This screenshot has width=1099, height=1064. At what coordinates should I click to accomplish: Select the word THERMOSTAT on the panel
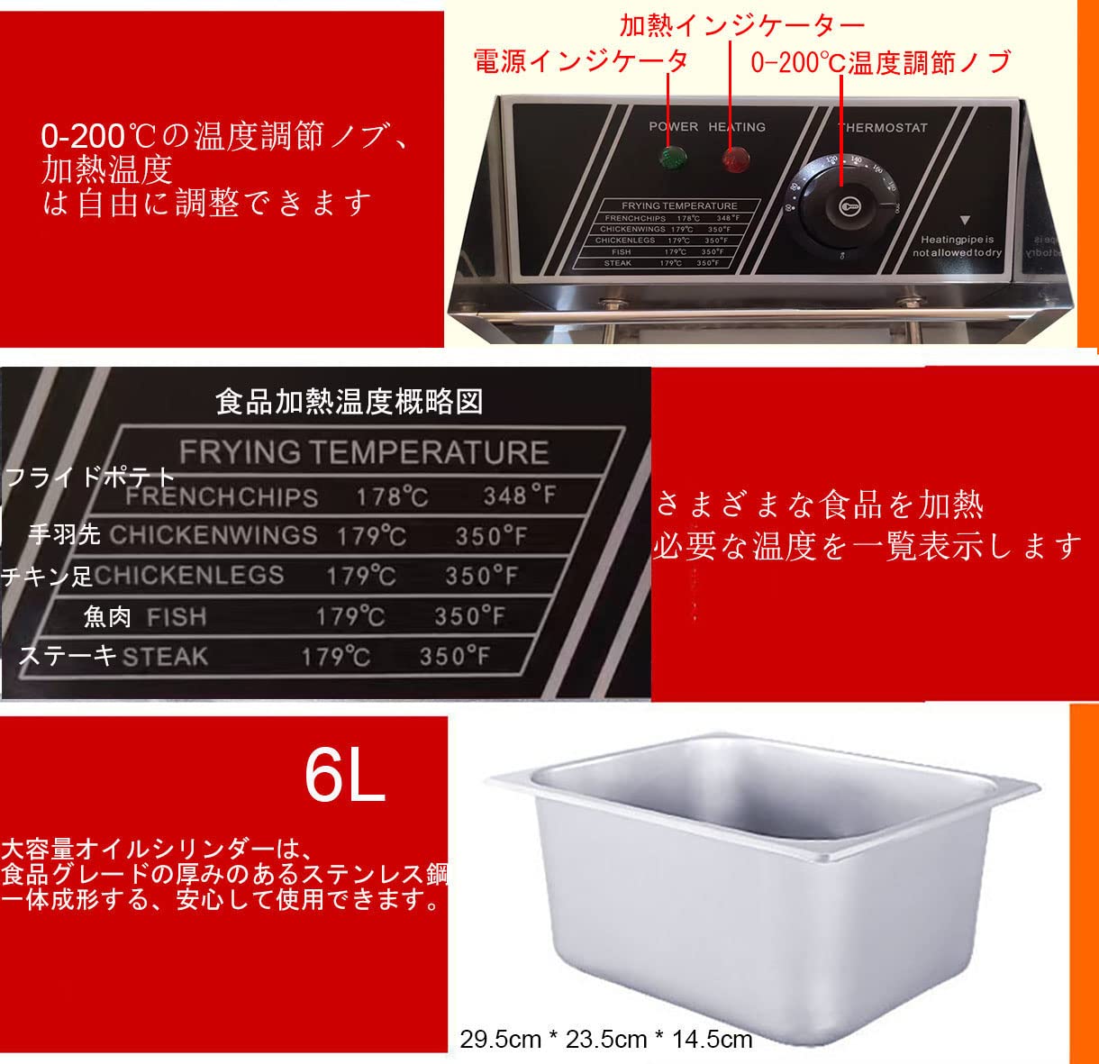pyautogui.click(x=883, y=128)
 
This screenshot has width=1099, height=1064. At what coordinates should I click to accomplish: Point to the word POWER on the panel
pyautogui.click(x=673, y=127)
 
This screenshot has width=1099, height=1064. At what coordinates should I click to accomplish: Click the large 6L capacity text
pyautogui.click(x=345, y=776)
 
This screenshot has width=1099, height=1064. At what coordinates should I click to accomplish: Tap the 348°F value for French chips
pyautogui.click(x=519, y=495)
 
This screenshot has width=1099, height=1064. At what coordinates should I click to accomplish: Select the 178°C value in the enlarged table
pyautogui.click(x=392, y=496)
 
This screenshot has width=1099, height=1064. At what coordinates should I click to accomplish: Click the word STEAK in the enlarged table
pyautogui.click(x=165, y=656)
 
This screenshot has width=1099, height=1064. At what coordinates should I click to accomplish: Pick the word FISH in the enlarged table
pyautogui.click(x=177, y=617)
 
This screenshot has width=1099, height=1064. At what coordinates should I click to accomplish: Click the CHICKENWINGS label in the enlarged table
pyautogui.click(x=213, y=535)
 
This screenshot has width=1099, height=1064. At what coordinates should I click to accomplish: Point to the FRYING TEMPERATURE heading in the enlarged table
pyautogui.click(x=363, y=452)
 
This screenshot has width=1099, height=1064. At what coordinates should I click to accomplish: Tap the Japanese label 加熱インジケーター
pyautogui.click(x=741, y=24)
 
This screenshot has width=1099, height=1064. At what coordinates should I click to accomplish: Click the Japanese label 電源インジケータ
pyautogui.click(x=580, y=60)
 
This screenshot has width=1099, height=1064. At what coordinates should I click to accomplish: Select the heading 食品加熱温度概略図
pyautogui.click(x=349, y=401)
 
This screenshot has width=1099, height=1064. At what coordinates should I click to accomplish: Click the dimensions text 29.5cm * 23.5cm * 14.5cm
pyautogui.click(x=605, y=1040)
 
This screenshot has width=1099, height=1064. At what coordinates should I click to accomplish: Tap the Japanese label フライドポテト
pyautogui.click(x=90, y=476)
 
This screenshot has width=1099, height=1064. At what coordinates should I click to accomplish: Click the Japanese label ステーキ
pyautogui.click(x=68, y=655)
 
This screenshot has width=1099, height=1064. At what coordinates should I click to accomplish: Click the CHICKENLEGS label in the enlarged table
pyautogui.click(x=189, y=575)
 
